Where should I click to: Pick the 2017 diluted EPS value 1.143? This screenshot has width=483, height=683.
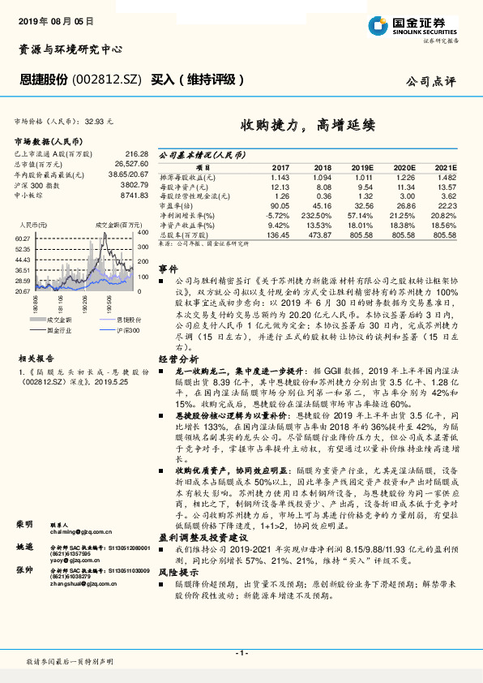pyautogui.click(x=279, y=177)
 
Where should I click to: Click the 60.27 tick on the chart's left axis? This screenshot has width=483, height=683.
pyautogui.click(x=22, y=238)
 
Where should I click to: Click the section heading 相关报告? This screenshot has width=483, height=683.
pyautogui.click(x=35, y=357)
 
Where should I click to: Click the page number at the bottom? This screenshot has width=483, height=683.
pyautogui.click(x=241, y=653)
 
